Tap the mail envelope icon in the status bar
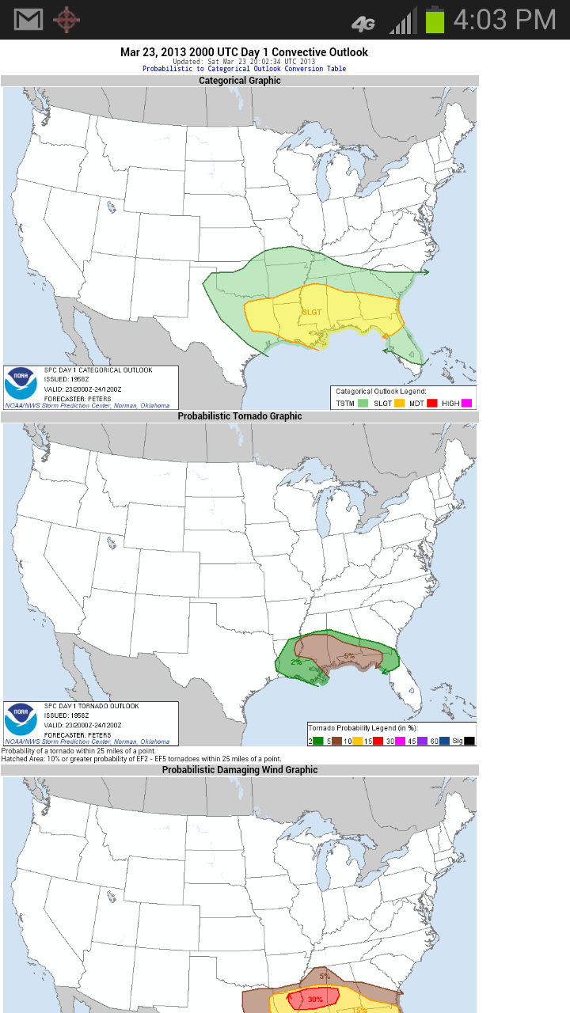pos(28,20)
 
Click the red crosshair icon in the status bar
pos(66,20)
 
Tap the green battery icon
pos(435,20)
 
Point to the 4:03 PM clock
pos(504,20)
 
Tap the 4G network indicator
pos(363,24)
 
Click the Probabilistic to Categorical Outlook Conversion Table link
pos(244,69)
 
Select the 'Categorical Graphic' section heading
pos(239,81)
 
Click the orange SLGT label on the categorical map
pos(311,313)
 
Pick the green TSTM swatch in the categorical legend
pos(363,403)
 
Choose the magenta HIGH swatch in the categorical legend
pos(466,403)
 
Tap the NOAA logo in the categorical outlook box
pos(21,384)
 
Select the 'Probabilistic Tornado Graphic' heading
pos(239,416)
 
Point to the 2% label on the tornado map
pos(296,662)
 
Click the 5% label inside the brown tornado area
pos(348,656)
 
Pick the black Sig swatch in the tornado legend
pos(469,741)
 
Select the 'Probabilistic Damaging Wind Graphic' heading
pos(239,770)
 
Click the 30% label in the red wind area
pos(315,1000)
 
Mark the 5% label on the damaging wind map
pos(325,976)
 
